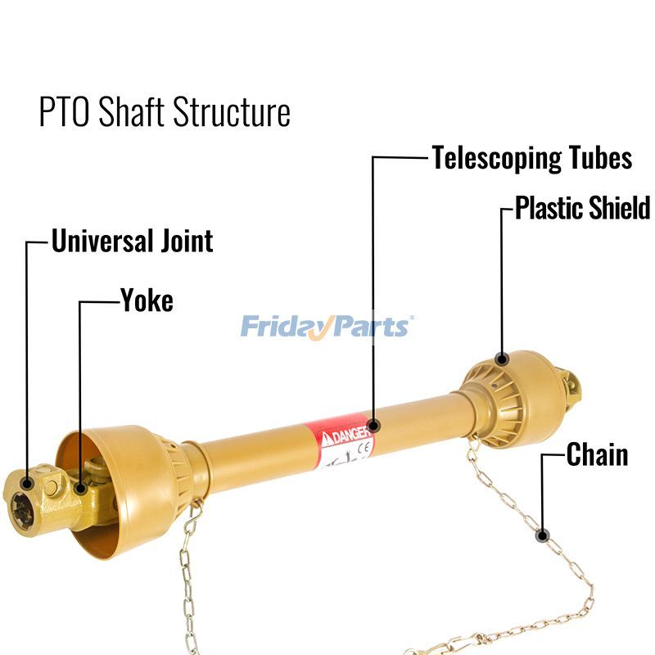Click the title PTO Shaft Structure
coord(165,112)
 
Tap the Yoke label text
coord(147,300)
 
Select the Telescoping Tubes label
coord(532,157)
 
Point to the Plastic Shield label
coord(583,208)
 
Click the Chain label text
coord(597,455)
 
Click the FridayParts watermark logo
coord(327,327)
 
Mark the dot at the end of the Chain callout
coord(542,536)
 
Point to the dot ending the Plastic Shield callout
coord(503,359)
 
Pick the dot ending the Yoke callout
coord(80,490)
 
